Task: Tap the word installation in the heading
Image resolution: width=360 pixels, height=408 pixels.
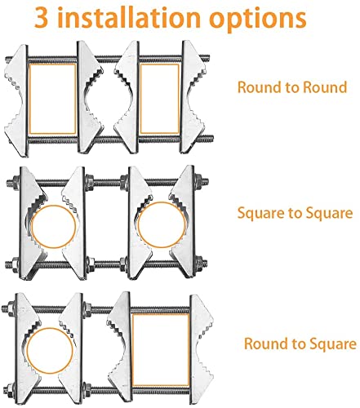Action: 129,17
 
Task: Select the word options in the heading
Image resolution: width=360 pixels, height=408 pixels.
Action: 257,20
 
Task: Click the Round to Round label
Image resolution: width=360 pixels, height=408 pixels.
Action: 292,87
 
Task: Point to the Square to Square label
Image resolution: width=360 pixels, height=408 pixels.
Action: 295,213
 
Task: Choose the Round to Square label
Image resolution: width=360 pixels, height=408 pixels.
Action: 300,344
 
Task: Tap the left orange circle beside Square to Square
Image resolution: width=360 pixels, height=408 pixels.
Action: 31,227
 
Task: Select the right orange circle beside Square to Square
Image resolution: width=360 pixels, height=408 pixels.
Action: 138,225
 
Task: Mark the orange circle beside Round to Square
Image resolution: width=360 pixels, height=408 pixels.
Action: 27,351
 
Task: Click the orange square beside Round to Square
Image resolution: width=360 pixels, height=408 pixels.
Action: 132,350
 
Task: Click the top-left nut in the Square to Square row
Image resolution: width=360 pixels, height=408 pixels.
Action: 16,182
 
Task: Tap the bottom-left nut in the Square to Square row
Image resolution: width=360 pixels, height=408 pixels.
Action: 15,264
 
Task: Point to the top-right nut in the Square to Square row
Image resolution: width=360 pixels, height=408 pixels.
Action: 198,181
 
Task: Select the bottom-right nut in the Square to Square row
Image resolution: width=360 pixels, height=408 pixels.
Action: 199,263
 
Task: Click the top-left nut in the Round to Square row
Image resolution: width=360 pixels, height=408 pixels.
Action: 11,308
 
